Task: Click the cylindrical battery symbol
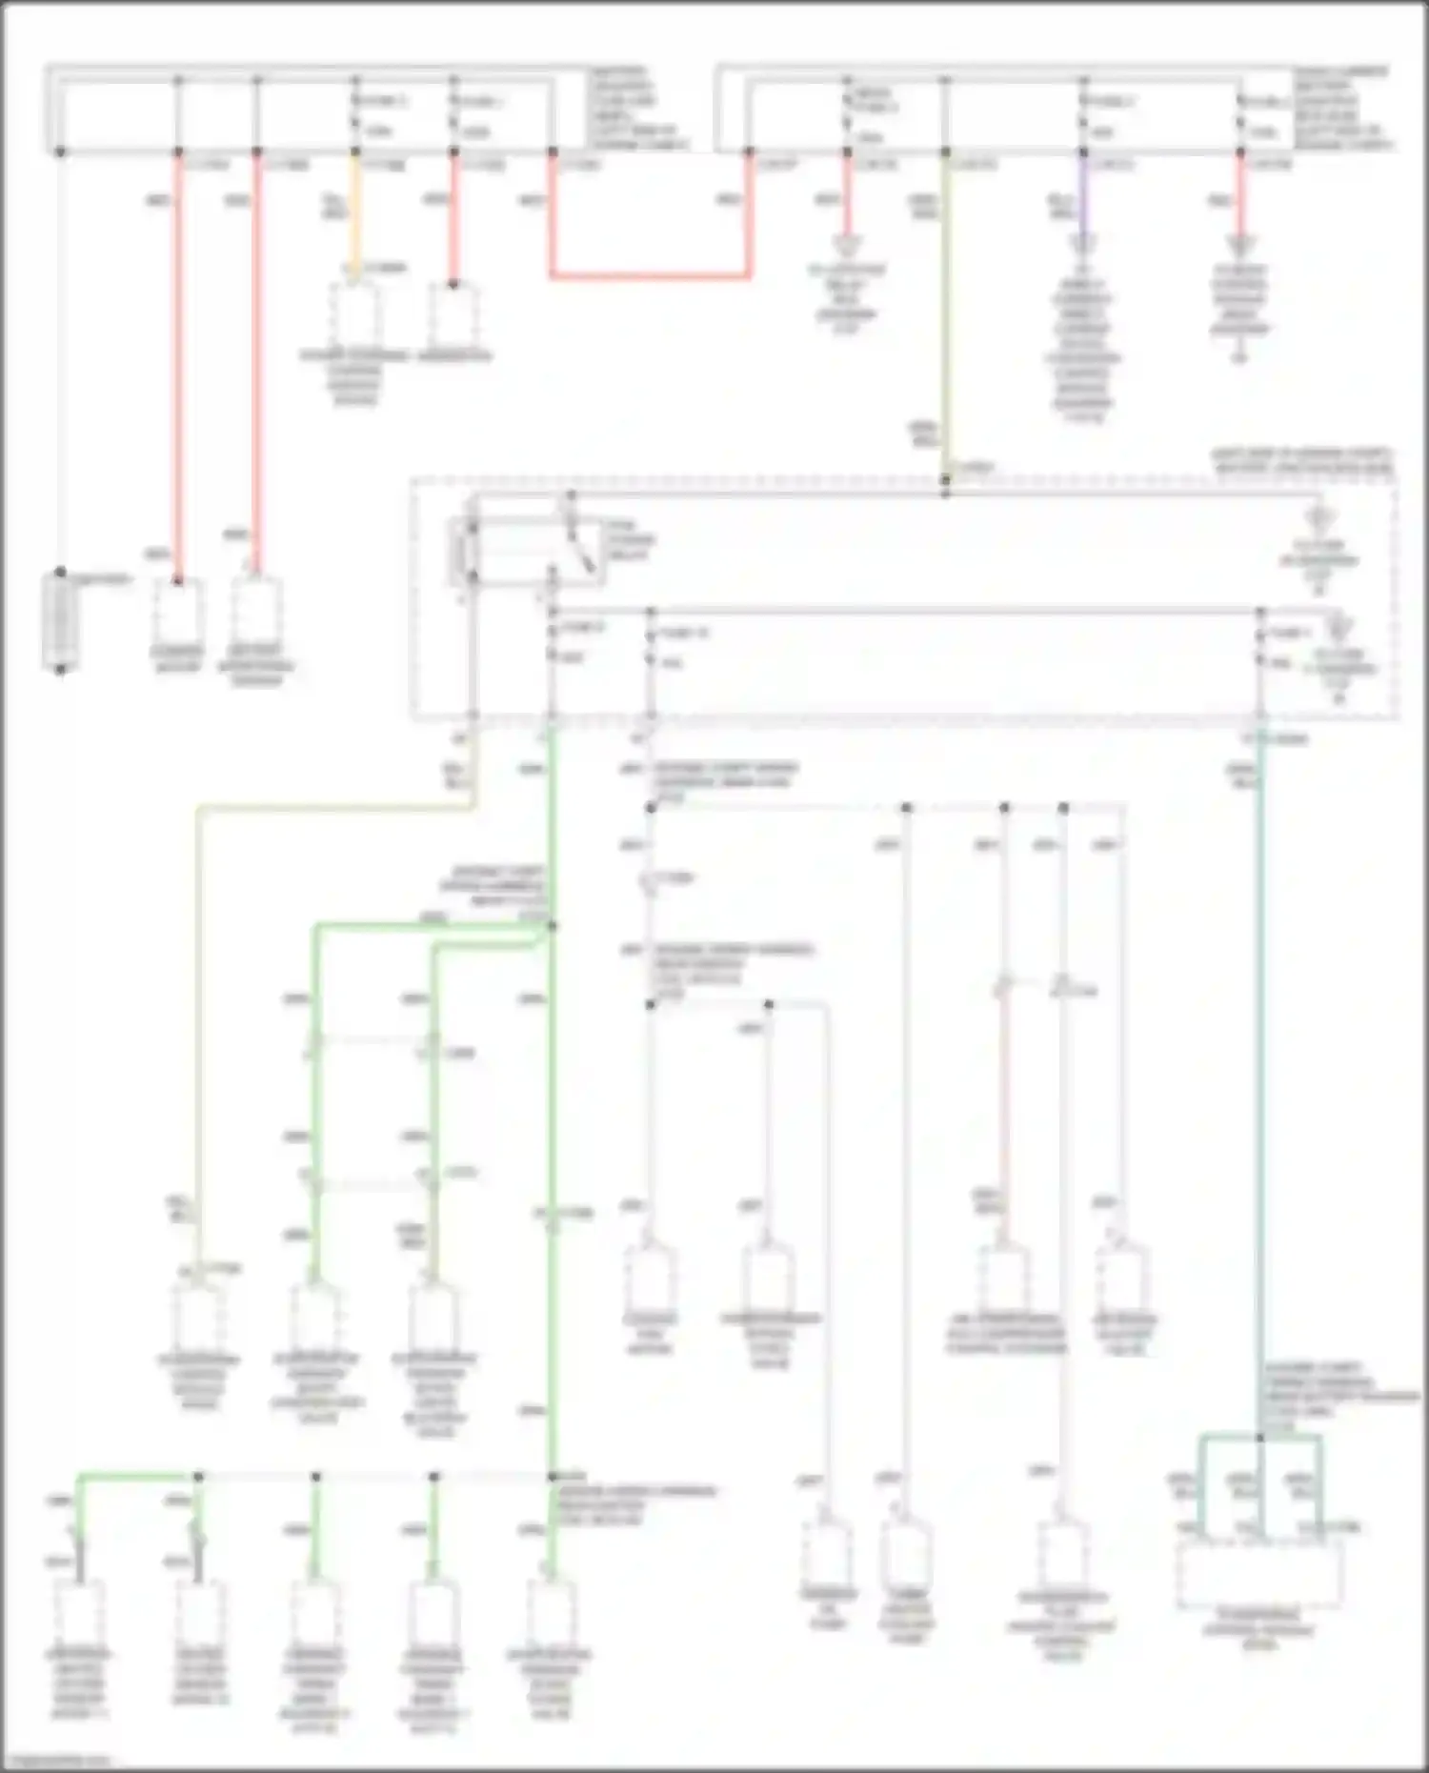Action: pyautogui.click(x=60, y=621)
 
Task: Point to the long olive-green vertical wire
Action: pyautogui.click(x=945, y=314)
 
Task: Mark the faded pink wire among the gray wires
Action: pyautogui.click(x=1002, y=1115)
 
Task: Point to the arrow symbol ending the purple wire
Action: pyautogui.click(x=1082, y=244)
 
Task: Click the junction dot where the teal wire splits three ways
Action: pyautogui.click(x=1260, y=1436)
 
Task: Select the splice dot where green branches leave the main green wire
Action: pyautogui.click(x=552, y=925)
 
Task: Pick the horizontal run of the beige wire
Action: pyautogui.click(x=333, y=809)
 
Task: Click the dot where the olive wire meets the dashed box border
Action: pyautogui.click(x=945, y=480)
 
